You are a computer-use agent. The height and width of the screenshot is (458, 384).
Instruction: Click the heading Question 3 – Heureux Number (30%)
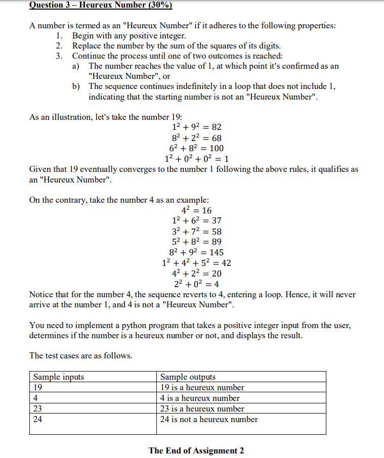tap(101, 6)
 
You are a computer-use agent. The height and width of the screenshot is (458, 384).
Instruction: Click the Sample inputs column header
tap(59, 377)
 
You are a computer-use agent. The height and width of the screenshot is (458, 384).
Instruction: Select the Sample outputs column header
tap(188, 377)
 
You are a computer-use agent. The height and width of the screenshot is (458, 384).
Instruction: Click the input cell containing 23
tap(93, 408)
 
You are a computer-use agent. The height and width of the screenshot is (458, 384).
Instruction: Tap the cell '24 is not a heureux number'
tap(209, 419)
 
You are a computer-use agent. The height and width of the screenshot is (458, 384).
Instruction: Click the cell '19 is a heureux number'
tap(202, 387)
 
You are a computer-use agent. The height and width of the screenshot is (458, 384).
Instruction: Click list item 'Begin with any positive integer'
tap(129, 36)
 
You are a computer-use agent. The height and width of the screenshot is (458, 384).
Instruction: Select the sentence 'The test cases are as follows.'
tap(81, 355)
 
